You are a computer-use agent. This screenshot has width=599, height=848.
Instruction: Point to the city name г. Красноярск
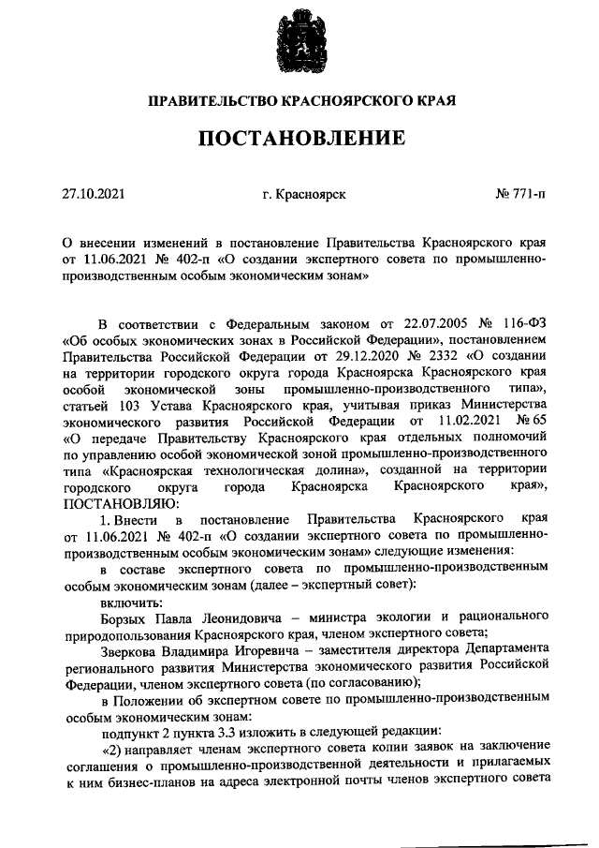point(305,195)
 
